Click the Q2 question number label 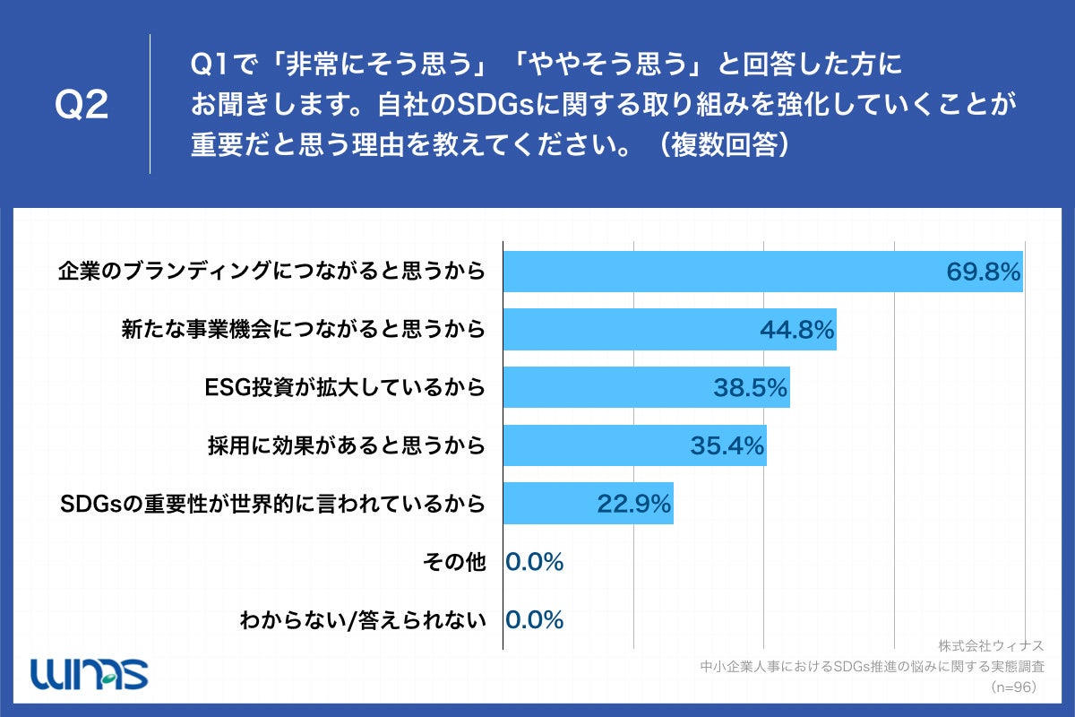[82, 106]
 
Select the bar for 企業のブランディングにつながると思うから [761, 272]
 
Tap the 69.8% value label [984, 272]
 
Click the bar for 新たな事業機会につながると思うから [668, 330]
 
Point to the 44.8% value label [797, 331]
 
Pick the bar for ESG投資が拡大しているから [645, 387]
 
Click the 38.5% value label [751, 388]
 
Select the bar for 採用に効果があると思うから [634, 445]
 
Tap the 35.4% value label [727, 445]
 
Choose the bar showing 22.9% [588, 504]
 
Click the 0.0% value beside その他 [535, 562]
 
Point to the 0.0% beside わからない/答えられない [535, 620]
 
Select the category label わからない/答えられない [363, 620]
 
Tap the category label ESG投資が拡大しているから [345, 388]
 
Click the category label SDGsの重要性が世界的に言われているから [273, 504]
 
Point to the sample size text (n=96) [1012, 687]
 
